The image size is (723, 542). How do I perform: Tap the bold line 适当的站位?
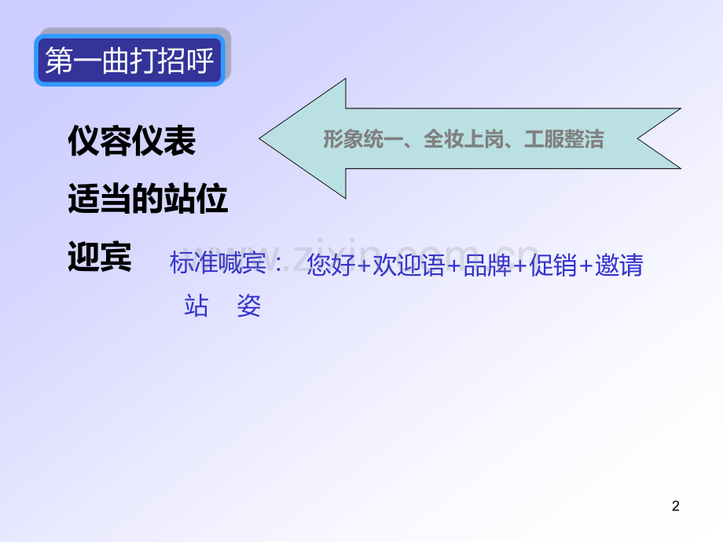click(148, 201)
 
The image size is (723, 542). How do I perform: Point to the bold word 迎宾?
click(100, 257)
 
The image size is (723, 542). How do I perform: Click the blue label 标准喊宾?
click(218, 264)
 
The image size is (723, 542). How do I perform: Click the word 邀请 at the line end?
click(620, 266)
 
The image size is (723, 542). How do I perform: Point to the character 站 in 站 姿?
click(196, 306)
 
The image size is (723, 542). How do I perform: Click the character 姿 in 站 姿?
click(249, 306)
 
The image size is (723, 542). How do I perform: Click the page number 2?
click(676, 507)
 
